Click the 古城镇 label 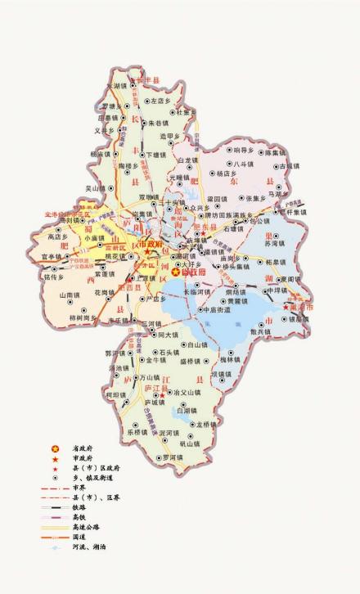coord(290,165)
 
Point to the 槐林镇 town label coord(231,359)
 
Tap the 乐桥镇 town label coord(137,432)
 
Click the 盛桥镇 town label coord(191,361)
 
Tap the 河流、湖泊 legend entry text coord(88,547)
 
